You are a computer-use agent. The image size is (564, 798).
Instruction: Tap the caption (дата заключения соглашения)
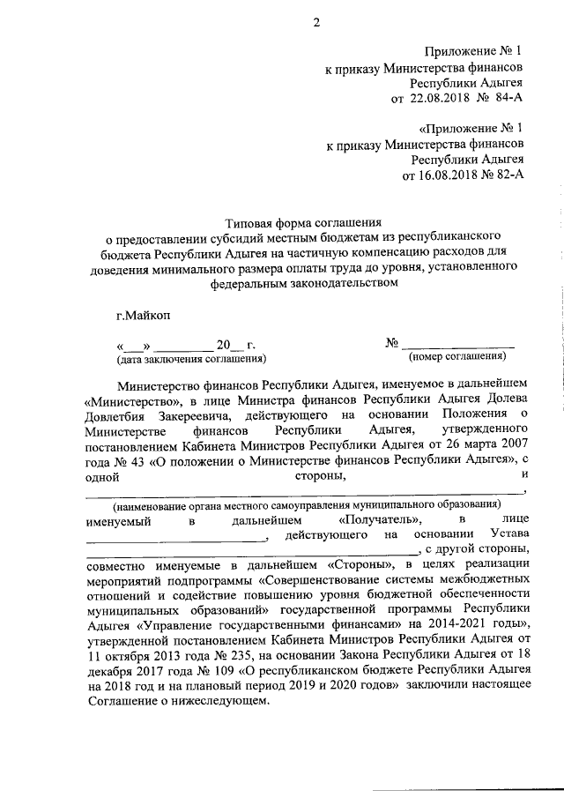[191, 359]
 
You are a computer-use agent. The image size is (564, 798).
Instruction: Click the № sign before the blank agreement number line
[393, 343]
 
